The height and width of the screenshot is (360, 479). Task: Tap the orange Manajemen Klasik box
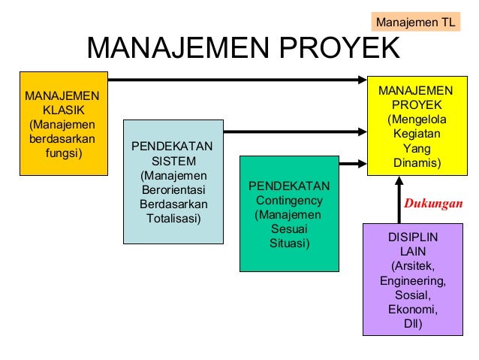coord(63,125)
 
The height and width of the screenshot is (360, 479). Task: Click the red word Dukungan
coord(433,203)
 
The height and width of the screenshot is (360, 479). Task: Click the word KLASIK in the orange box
coord(63,110)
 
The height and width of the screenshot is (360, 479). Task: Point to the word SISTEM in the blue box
coord(173,161)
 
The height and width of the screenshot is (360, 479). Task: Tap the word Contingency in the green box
coord(289,201)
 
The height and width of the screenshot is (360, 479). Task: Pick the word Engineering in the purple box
coord(412,281)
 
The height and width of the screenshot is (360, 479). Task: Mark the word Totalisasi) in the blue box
coord(173,218)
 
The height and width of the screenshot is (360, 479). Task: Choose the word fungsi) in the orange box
coord(63,153)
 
